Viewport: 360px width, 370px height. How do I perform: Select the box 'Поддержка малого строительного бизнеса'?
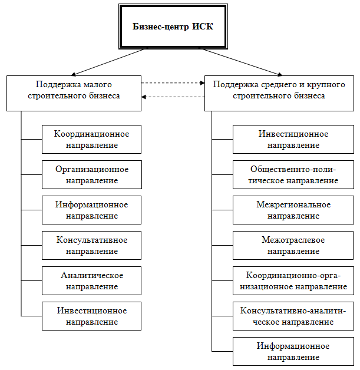tap(74, 92)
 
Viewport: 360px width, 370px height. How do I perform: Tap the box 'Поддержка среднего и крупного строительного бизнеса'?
tap(278, 92)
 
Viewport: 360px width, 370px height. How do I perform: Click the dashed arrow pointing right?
tap(173, 83)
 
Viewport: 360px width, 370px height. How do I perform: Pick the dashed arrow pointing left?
tap(173, 97)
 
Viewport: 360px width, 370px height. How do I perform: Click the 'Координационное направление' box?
tap(91, 139)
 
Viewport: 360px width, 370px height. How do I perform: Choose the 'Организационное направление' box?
tap(91, 174)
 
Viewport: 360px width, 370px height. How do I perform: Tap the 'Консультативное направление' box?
tap(91, 245)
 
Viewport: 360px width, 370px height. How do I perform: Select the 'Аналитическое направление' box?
tap(91, 280)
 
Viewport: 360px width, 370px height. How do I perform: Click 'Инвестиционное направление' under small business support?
tap(91, 316)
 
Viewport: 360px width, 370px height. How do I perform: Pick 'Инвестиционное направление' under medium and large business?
tap(293, 139)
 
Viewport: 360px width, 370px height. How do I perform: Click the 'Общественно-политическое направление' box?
tap(293, 174)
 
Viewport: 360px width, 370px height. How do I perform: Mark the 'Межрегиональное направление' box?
tap(293, 210)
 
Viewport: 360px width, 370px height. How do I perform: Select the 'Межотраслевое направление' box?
tap(293, 245)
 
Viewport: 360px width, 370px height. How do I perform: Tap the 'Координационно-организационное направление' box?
tap(293, 280)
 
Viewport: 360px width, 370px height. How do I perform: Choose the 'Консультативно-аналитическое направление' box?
tap(293, 316)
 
